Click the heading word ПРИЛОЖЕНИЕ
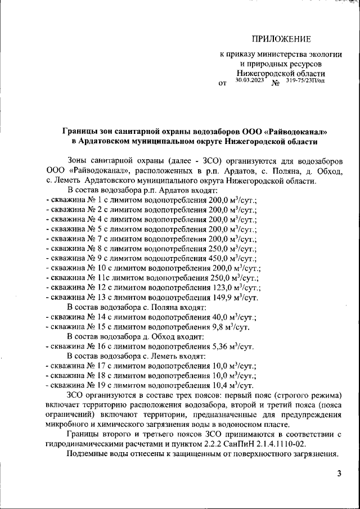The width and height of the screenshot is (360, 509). click(281, 39)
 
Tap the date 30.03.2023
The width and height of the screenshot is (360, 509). click(249, 80)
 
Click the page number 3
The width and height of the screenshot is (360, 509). click(339, 474)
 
